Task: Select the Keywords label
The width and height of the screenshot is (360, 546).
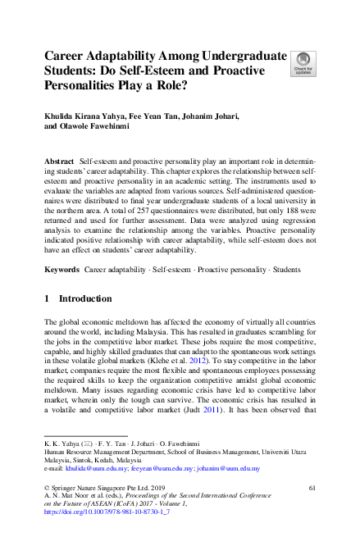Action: coord(62,269)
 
